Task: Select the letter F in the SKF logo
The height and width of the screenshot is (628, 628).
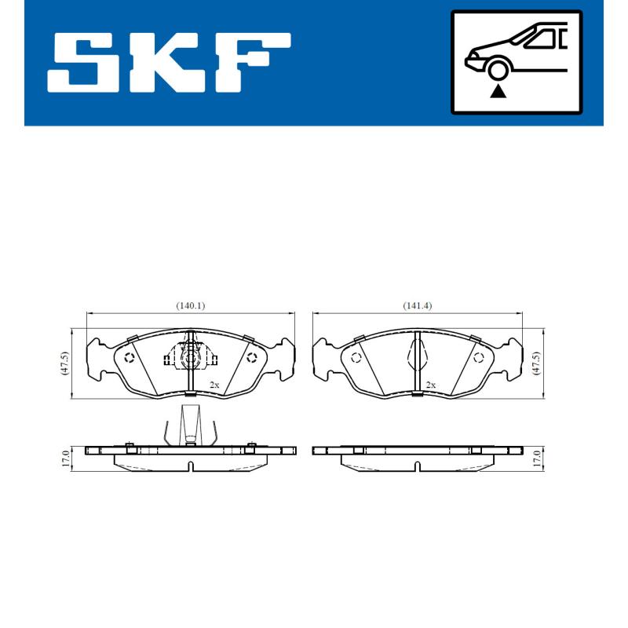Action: pyautogui.click(x=253, y=62)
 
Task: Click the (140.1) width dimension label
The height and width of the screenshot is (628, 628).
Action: pyautogui.click(x=191, y=306)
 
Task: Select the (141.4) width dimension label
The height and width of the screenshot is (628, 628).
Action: pyautogui.click(x=417, y=306)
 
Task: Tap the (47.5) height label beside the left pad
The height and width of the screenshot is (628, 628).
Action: pyautogui.click(x=66, y=363)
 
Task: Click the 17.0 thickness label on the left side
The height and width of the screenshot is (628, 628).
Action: pyautogui.click(x=66, y=458)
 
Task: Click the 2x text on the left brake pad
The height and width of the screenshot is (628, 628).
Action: pyautogui.click(x=214, y=385)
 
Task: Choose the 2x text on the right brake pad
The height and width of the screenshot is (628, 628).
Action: pyautogui.click(x=430, y=385)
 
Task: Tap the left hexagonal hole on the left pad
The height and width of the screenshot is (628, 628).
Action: pyautogui.click(x=130, y=358)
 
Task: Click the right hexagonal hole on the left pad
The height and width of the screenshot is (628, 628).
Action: pyautogui.click(x=251, y=358)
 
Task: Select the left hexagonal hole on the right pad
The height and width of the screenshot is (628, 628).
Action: pyautogui.click(x=355, y=358)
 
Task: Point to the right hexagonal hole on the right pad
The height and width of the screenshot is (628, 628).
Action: pyautogui.click(x=477, y=358)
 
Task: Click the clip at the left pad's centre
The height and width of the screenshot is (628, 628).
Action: pyautogui.click(x=190, y=358)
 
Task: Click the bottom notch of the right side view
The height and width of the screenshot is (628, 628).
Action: pyautogui.click(x=418, y=467)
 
